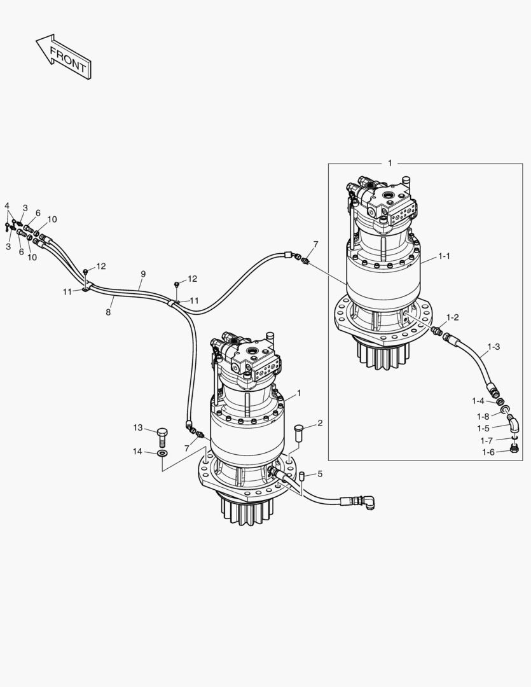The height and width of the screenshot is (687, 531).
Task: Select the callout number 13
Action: (x=138, y=427)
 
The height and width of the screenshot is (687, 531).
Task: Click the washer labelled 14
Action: (x=162, y=453)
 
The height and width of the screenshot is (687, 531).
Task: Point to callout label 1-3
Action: (x=493, y=347)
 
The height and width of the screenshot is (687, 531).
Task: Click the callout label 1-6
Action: (x=488, y=452)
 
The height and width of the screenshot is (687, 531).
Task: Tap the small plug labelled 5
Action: (x=302, y=475)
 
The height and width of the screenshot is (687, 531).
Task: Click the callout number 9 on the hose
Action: (x=143, y=274)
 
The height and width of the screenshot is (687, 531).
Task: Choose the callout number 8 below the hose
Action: (x=108, y=312)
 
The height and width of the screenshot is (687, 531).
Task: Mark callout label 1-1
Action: (x=444, y=256)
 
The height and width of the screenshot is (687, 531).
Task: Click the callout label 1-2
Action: (x=452, y=317)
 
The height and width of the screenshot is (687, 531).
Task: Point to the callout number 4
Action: (x=7, y=205)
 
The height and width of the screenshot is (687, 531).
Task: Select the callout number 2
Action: (x=320, y=423)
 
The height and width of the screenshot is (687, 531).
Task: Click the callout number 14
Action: (x=138, y=452)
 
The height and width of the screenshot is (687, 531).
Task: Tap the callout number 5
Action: (x=320, y=473)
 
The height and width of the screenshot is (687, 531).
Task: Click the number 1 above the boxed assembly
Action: (x=390, y=163)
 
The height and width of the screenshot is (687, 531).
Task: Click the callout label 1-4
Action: (x=478, y=401)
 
